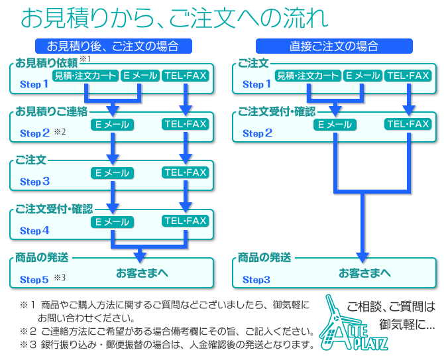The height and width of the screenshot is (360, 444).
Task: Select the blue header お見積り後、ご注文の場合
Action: tap(113, 46)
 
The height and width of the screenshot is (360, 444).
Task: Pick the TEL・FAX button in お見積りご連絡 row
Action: tap(186, 124)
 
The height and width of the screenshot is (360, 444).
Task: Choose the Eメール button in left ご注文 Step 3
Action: tap(112, 173)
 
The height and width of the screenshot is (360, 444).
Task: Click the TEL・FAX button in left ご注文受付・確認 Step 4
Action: tap(186, 221)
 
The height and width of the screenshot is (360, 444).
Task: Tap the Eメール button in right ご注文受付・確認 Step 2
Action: tap(335, 124)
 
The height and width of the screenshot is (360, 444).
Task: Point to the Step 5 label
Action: tap(34, 280)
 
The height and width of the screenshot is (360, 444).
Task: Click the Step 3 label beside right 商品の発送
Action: tap(256, 280)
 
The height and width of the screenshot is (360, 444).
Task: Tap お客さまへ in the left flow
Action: tap(142, 272)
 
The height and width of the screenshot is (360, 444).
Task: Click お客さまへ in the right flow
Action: tap(364, 272)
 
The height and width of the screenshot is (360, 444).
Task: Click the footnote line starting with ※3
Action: tap(166, 344)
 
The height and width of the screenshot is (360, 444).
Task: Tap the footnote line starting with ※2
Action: tap(166, 331)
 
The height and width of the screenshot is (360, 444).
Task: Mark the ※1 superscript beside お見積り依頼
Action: tap(85, 59)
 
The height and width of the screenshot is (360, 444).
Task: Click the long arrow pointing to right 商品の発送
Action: tap(362, 225)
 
